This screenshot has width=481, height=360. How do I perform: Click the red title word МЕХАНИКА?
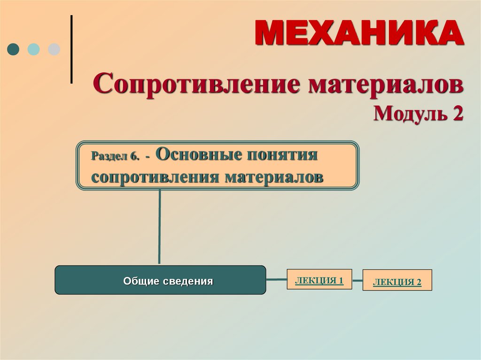[x=359, y=33]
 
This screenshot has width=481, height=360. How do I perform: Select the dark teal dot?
[x=14, y=49]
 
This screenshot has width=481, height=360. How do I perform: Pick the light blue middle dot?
[x=33, y=49]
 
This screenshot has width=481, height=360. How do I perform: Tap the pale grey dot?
[x=54, y=49]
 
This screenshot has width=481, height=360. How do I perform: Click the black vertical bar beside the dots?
[x=71, y=49]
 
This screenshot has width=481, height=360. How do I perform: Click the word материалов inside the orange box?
[x=273, y=177]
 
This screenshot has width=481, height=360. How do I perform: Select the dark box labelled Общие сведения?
[x=160, y=280]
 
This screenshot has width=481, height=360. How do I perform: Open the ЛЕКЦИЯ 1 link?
[x=319, y=281]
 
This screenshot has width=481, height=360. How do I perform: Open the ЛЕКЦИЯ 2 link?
[x=397, y=282]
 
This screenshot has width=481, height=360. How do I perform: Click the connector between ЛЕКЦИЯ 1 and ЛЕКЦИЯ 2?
[x=357, y=281]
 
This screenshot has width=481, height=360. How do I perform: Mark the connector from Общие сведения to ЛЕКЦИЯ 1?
[x=276, y=280]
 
